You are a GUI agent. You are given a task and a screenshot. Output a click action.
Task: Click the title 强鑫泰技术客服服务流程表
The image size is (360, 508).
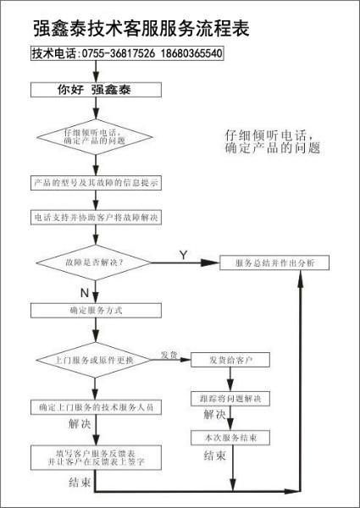click(140, 28)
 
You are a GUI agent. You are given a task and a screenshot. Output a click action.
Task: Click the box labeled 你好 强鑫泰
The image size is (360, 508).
click(96, 87)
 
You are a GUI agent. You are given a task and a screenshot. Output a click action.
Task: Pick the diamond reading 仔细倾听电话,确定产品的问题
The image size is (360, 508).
click(95, 137)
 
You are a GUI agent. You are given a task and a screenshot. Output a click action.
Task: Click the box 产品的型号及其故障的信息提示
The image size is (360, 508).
click(96, 183)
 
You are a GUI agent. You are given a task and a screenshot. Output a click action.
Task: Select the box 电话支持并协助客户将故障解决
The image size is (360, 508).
click(96, 218)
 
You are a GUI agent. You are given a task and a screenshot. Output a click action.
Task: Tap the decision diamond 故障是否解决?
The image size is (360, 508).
click(95, 263)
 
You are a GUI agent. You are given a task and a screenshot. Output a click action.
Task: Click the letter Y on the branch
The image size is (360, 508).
click(183, 255)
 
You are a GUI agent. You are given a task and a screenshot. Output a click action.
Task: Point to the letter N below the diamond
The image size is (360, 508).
click(84, 292)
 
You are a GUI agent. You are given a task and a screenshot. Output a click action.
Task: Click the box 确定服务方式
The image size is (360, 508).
click(96, 311)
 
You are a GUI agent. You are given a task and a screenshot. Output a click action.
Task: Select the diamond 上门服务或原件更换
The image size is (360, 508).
click(95, 360)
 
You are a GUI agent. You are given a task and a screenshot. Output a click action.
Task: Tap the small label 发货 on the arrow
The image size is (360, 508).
click(169, 354)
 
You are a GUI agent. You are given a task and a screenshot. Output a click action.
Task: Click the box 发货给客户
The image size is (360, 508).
click(231, 360)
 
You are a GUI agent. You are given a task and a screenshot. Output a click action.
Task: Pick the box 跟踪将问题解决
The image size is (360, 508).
click(231, 398)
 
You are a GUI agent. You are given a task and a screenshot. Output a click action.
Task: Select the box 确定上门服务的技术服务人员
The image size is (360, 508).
click(96, 407)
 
